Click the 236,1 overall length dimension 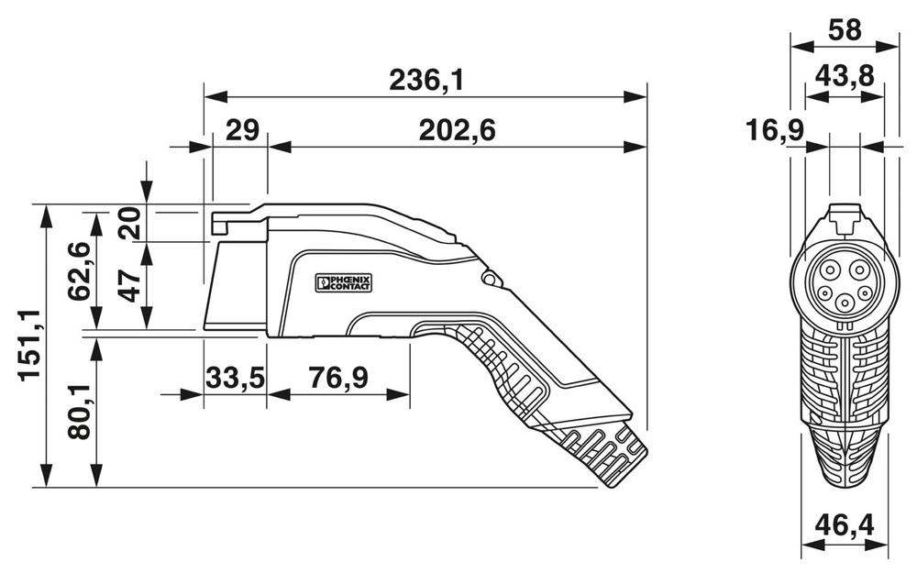[426, 81]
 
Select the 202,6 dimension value [457, 131]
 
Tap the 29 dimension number [240, 131]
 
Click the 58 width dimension [844, 29]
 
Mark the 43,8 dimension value [844, 79]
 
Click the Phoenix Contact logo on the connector [344, 281]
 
